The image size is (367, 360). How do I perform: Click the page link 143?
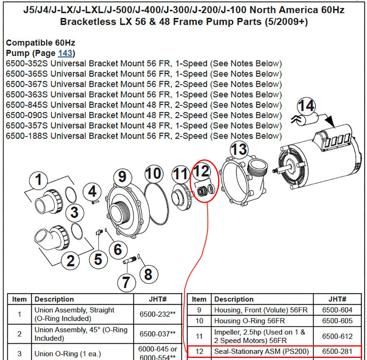pyautogui.click(x=65, y=53)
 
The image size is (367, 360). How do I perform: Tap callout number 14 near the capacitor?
pyautogui.click(x=306, y=106)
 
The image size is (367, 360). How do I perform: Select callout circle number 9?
pyautogui.click(x=122, y=177)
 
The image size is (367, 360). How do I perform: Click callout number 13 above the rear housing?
pyautogui.click(x=239, y=149)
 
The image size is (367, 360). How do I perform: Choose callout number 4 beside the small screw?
pyautogui.click(x=92, y=192)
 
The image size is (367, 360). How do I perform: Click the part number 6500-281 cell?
pyautogui.click(x=337, y=351)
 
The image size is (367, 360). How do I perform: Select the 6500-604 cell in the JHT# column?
pyautogui.click(x=337, y=310)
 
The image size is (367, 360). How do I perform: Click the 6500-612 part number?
pyautogui.click(x=337, y=336)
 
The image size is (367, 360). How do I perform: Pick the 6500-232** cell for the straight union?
pyautogui.click(x=157, y=314)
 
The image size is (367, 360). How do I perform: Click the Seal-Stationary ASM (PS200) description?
pyautogui.click(x=261, y=351)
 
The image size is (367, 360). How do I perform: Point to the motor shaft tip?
pyautogui.click(x=273, y=171)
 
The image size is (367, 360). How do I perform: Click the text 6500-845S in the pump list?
pyautogui.click(x=27, y=105)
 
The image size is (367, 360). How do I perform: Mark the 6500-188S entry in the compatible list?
pyautogui.click(x=27, y=136)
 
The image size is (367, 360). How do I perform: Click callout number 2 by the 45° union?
pyautogui.click(x=71, y=261)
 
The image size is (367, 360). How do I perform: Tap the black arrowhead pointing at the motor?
pyautogui.click(x=330, y=121)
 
